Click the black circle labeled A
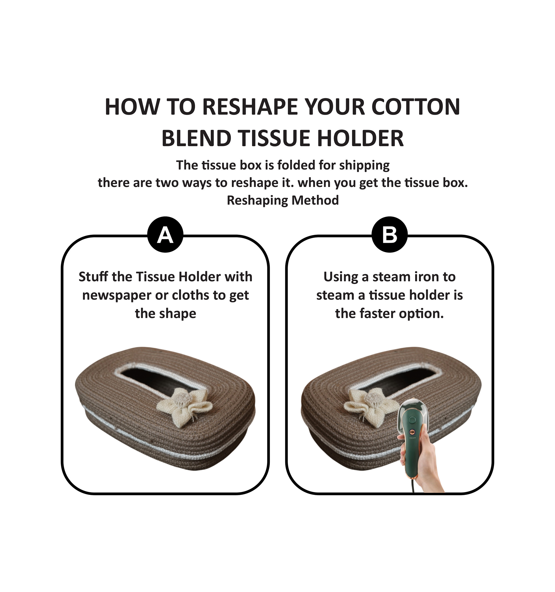(x=165, y=235)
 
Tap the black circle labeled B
(x=389, y=235)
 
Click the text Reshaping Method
(x=283, y=200)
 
